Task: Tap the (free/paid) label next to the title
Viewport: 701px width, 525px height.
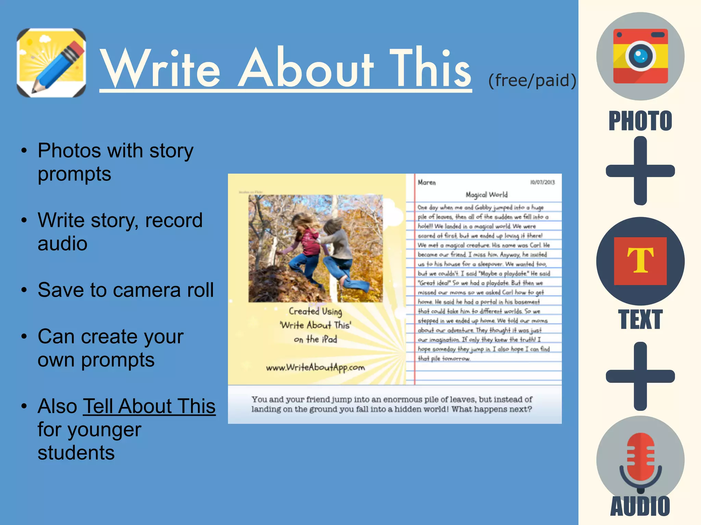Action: pos(532,81)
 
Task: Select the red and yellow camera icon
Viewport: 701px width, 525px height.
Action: pos(640,56)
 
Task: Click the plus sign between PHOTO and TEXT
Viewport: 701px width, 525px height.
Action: pos(640,171)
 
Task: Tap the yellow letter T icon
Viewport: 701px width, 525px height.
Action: pos(640,261)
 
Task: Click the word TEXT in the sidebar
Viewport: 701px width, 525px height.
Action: pos(640,320)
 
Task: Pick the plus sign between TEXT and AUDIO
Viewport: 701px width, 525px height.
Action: pos(640,376)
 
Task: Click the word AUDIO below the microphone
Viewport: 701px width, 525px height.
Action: pos(640,506)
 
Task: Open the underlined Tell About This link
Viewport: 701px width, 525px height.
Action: pos(149,406)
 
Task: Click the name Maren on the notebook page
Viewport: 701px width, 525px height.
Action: pos(426,183)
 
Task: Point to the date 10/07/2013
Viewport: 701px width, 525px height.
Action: pos(542,182)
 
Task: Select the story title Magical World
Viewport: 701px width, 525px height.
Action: pos(486,195)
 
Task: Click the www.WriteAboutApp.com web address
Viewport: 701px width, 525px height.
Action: pos(315,367)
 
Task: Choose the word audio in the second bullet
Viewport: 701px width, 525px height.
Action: pos(63,244)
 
